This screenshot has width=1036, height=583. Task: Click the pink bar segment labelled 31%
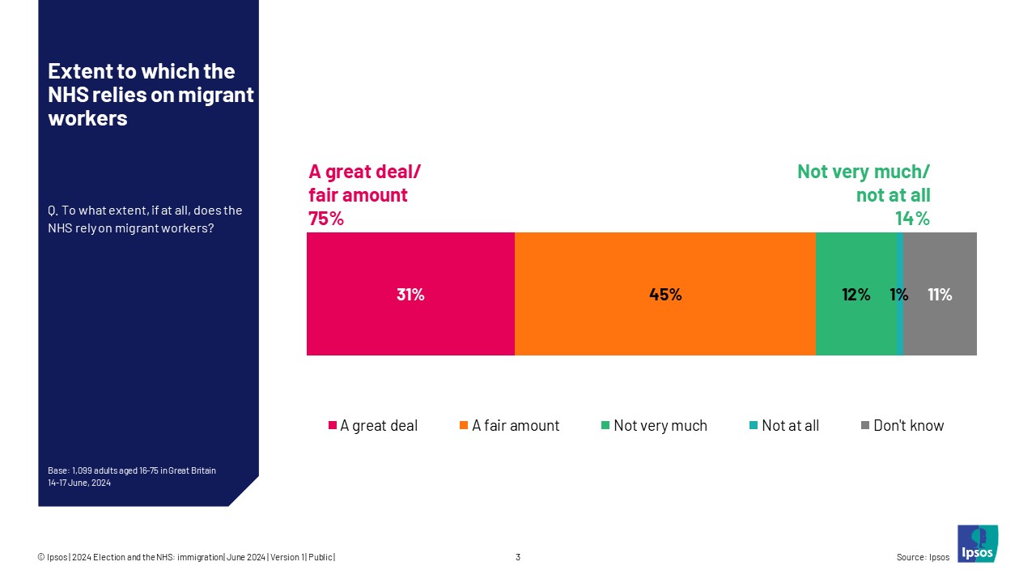(x=410, y=294)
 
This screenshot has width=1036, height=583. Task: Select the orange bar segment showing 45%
(x=664, y=294)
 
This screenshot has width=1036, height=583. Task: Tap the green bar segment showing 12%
(x=856, y=294)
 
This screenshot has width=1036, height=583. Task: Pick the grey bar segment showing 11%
(x=940, y=294)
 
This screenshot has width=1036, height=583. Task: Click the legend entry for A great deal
(x=372, y=426)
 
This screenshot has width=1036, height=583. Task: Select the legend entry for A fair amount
(x=508, y=426)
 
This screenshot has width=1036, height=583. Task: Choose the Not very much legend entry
(x=653, y=426)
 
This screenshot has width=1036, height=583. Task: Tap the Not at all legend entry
(x=783, y=426)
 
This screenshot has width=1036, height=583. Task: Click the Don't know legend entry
(x=902, y=426)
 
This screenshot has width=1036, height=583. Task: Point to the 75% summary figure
(x=325, y=219)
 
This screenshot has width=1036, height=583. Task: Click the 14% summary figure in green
(x=911, y=219)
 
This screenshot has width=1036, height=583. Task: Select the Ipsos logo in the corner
(x=977, y=543)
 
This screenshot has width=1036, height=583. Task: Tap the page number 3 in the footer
(x=518, y=557)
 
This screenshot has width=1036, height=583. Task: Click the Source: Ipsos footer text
(x=923, y=557)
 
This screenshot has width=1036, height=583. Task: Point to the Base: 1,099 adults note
(x=132, y=470)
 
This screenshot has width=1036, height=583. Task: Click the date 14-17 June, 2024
(x=79, y=483)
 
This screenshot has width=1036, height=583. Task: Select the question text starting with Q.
(x=145, y=219)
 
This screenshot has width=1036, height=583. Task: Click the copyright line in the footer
(x=186, y=557)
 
